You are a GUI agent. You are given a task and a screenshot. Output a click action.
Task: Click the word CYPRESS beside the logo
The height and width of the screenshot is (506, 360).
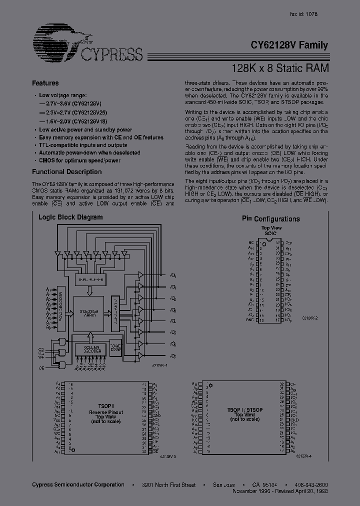click(111, 54)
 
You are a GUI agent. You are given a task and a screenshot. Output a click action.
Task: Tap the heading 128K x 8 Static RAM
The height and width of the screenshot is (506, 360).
click(280, 68)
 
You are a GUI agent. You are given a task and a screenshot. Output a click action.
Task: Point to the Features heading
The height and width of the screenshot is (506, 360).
click(45, 83)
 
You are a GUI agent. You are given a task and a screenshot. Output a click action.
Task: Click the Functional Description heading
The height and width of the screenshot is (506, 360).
click(66, 172)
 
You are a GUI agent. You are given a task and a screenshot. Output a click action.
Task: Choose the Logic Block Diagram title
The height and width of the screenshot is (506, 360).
click(70, 217)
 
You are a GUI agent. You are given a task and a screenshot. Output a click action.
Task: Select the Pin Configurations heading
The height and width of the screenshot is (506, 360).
click(271, 219)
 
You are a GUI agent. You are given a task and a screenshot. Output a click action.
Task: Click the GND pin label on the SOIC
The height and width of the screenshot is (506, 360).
click(250, 320)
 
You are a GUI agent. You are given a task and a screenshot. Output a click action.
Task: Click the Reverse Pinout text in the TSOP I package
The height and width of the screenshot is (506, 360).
click(105, 412)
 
